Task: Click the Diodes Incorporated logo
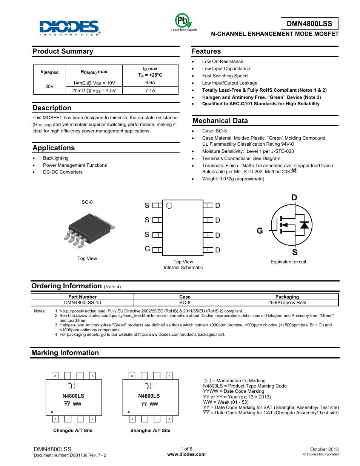(x=70, y=28)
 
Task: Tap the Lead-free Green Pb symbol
(x=183, y=21)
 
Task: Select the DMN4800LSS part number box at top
(x=309, y=23)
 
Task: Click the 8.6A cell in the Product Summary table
(x=150, y=83)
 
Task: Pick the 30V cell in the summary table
(x=49, y=86)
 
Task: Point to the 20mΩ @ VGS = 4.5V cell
(x=94, y=91)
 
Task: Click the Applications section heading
(x=54, y=148)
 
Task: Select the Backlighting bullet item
(x=56, y=158)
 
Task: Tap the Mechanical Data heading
(x=220, y=121)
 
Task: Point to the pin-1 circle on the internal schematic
(x=169, y=206)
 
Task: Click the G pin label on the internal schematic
(x=147, y=249)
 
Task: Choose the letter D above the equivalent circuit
(x=294, y=198)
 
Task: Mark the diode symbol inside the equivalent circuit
(x=304, y=225)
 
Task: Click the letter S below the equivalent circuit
(x=295, y=252)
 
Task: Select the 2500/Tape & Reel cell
(x=287, y=303)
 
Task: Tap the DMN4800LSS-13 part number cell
(x=83, y=303)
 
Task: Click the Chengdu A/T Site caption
(x=73, y=431)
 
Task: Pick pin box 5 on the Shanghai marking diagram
(x=169, y=376)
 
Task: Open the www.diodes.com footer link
(x=186, y=454)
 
